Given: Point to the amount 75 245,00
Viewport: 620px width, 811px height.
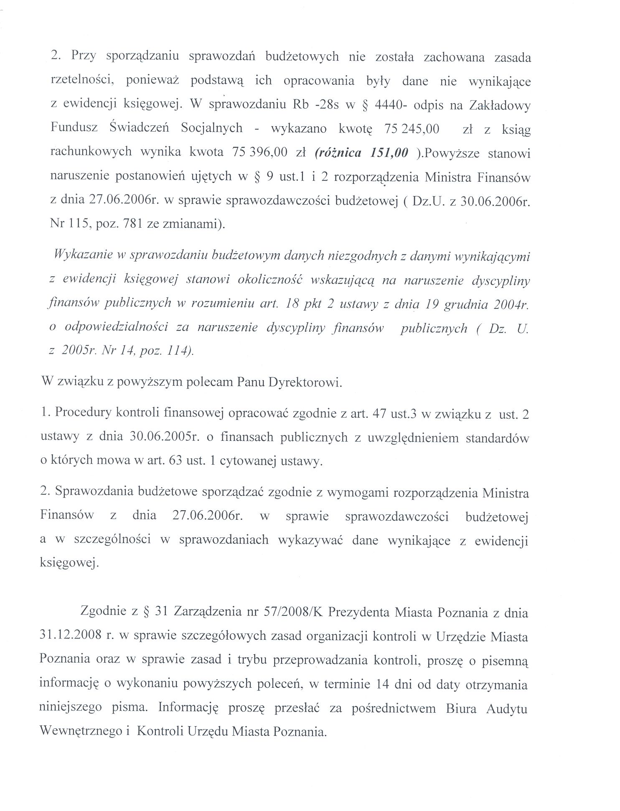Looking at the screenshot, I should [x=411, y=129].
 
